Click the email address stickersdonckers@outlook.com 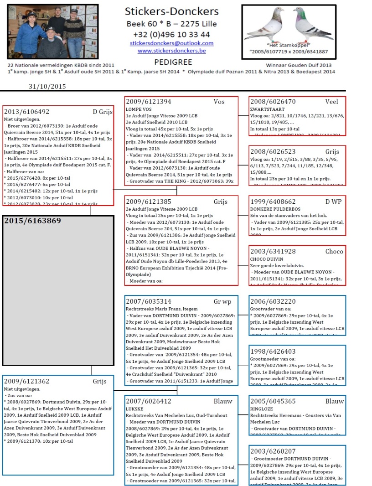coord(171,43)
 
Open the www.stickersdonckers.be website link coord(171,51)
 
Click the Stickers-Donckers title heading coord(171,11)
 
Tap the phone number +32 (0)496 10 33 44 coord(171,34)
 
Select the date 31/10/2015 coord(47,87)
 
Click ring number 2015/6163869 coord(32,221)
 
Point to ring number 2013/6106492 coord(26,112)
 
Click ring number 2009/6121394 coord(149,102)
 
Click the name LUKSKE coord(135,409)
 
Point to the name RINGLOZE coord(261,409)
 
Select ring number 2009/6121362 coord(26,381)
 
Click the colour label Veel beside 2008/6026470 coord(331,102)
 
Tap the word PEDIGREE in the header coord(173,62)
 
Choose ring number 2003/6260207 coord(273,451)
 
